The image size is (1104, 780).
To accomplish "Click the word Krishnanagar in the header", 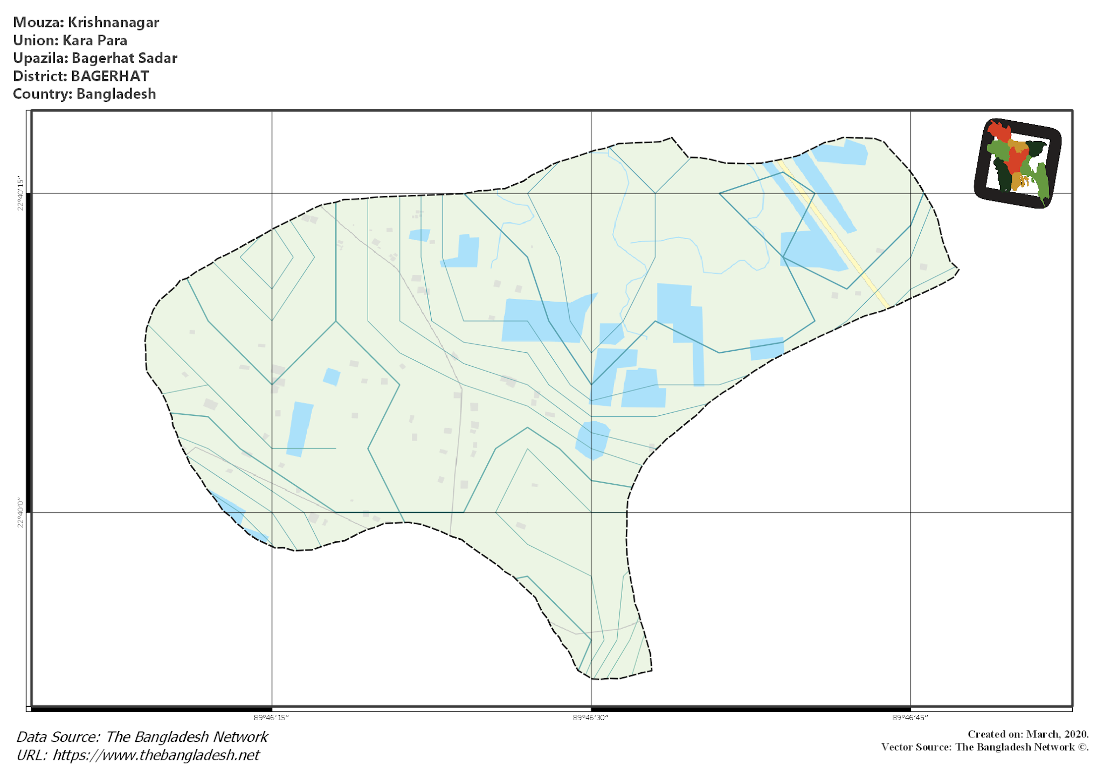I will point(113,23).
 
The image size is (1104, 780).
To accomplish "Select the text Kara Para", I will point(95,40).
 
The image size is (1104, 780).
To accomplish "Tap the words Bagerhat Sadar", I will point(125,58).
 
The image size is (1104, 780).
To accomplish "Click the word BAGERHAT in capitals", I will point(110,76).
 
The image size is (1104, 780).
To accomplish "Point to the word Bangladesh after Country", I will point(116,94).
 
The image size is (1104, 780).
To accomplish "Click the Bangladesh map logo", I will point(1017,163).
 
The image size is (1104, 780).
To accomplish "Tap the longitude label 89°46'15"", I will point(272,718).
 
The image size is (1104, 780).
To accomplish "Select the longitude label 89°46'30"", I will point(591,718).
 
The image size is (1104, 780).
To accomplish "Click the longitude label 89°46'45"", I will point(910,718).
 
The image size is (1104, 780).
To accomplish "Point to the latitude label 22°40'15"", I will point(21,193).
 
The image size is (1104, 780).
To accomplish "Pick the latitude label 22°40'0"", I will point(21,512).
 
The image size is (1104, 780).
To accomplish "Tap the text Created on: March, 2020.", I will point(1028,734).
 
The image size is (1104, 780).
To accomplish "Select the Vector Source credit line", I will point(985,747).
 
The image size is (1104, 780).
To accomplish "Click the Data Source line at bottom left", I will point(142,737).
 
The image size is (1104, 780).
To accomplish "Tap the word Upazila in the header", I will point(40,58).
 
